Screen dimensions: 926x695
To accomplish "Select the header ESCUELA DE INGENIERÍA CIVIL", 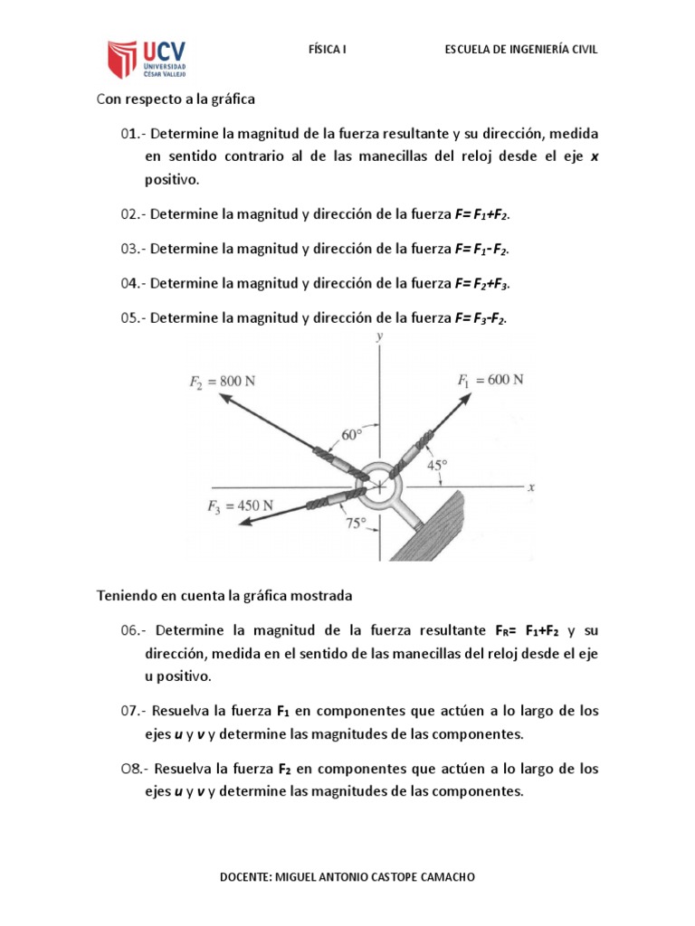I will point(520,51).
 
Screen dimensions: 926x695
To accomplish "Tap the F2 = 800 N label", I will point(222,381).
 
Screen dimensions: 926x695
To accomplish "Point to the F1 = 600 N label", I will point(490,380).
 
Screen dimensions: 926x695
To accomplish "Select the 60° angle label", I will point(351,435).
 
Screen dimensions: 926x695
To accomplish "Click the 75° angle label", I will point(354,523).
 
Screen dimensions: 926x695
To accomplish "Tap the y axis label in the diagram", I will point(381,335).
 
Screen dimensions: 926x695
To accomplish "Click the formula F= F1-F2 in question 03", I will point(488,248).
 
